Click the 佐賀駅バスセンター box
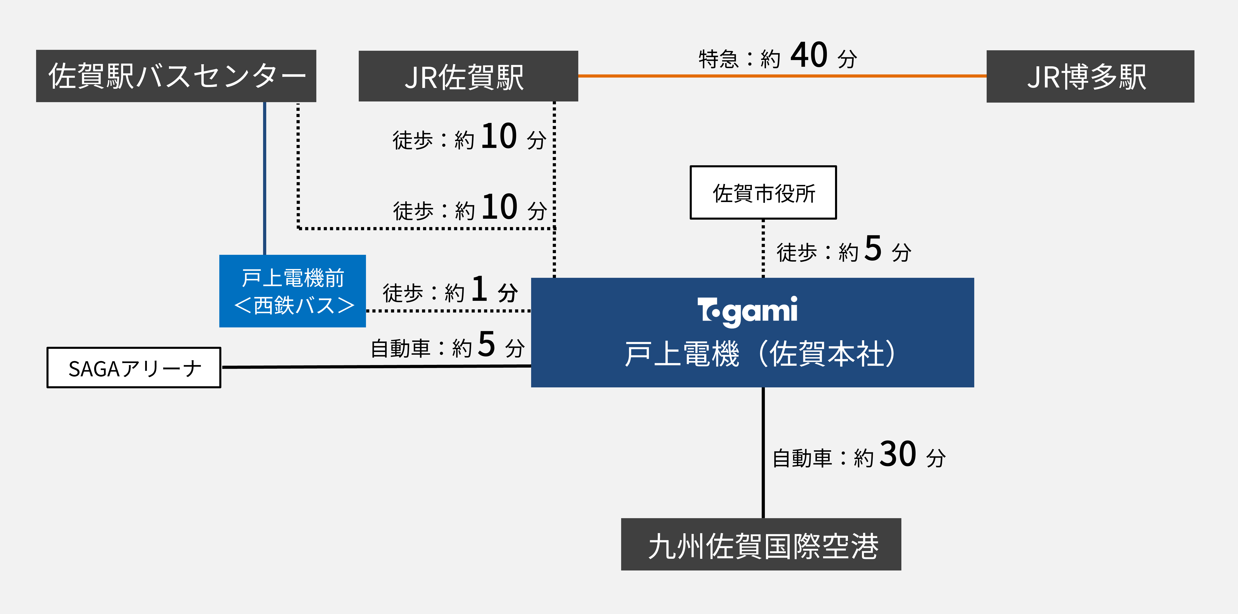176,76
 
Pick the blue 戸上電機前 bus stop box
292,291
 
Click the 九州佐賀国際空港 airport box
761,544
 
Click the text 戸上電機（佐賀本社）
759,354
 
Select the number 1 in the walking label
479,289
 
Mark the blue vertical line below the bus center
264,178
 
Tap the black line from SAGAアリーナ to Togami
375,367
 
